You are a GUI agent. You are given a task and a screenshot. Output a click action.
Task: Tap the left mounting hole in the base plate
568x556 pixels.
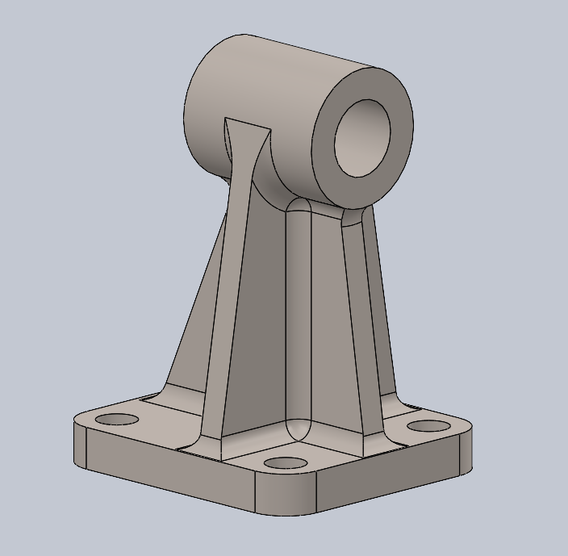tap(117, 420)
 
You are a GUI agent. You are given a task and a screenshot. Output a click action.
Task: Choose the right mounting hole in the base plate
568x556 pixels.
tap(428, 425)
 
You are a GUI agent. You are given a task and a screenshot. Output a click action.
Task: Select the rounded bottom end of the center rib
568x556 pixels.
tap(298, 428)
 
